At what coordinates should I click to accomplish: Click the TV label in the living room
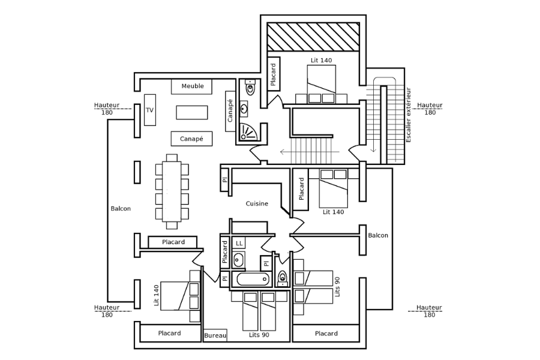149,110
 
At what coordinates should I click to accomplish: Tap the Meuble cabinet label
193,86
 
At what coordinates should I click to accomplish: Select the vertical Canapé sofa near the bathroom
230,107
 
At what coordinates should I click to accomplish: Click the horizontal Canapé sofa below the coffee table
191,139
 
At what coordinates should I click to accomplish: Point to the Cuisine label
257,204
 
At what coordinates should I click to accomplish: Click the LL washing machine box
239,243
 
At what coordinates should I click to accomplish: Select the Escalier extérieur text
409,115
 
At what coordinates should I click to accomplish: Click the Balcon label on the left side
121,209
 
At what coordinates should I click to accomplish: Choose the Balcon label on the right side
378,236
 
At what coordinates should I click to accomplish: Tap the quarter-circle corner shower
247,131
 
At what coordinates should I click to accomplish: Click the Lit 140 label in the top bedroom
321,60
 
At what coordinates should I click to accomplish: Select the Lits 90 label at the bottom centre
259,335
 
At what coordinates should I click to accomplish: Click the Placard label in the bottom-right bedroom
326,334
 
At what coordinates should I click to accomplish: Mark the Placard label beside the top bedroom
273,74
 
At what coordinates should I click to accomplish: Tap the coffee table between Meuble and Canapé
192,112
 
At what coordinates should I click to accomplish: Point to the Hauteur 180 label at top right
430,109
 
